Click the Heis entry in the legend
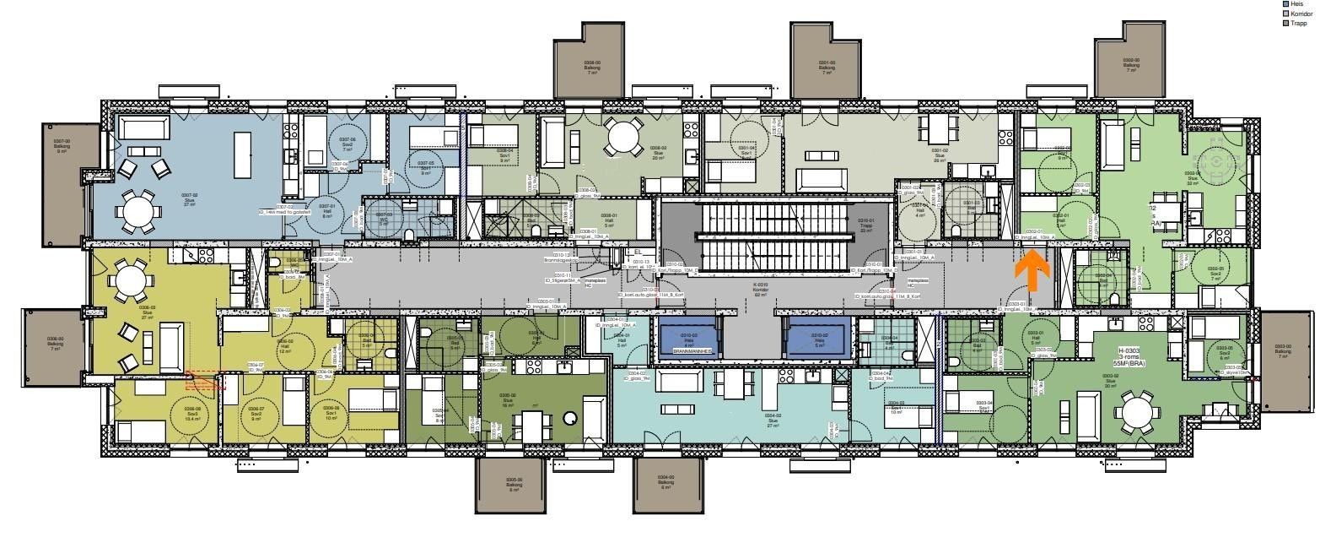point(1296,4)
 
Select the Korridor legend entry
point(1299,14)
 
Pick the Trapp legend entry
point(1296,24)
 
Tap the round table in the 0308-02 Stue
point(622,138)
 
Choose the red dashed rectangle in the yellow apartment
point(206,380)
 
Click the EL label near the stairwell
point(638,252)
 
